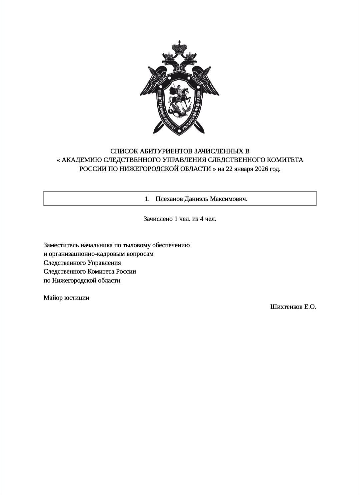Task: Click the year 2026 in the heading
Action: [261, 169]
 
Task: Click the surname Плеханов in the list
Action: [169, 199]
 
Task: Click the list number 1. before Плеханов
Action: [147, 199]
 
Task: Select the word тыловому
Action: [136, 245]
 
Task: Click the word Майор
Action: [53, 298]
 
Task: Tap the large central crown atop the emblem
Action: [180, 48]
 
